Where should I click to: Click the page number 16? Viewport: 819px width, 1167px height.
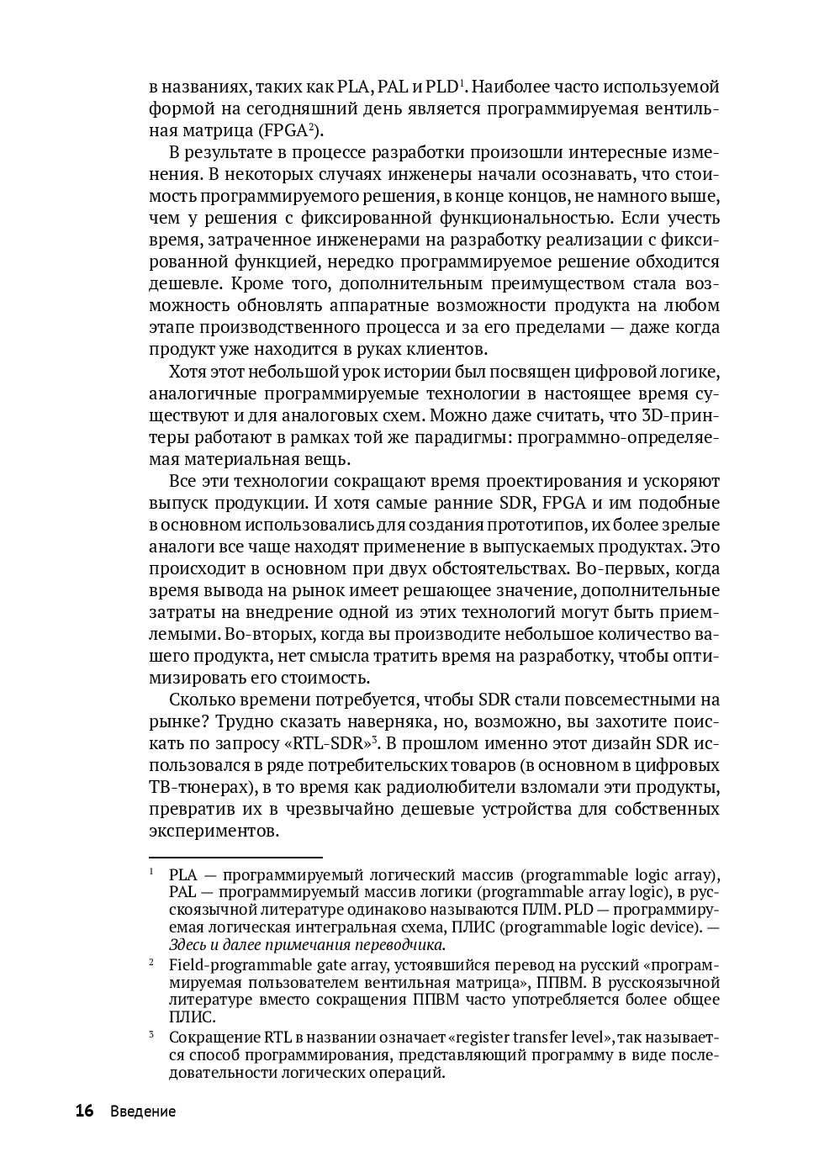[84, 1111]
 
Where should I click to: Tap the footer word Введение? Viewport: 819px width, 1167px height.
[143, 1112]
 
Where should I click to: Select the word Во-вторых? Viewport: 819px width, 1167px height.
[274, 634]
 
